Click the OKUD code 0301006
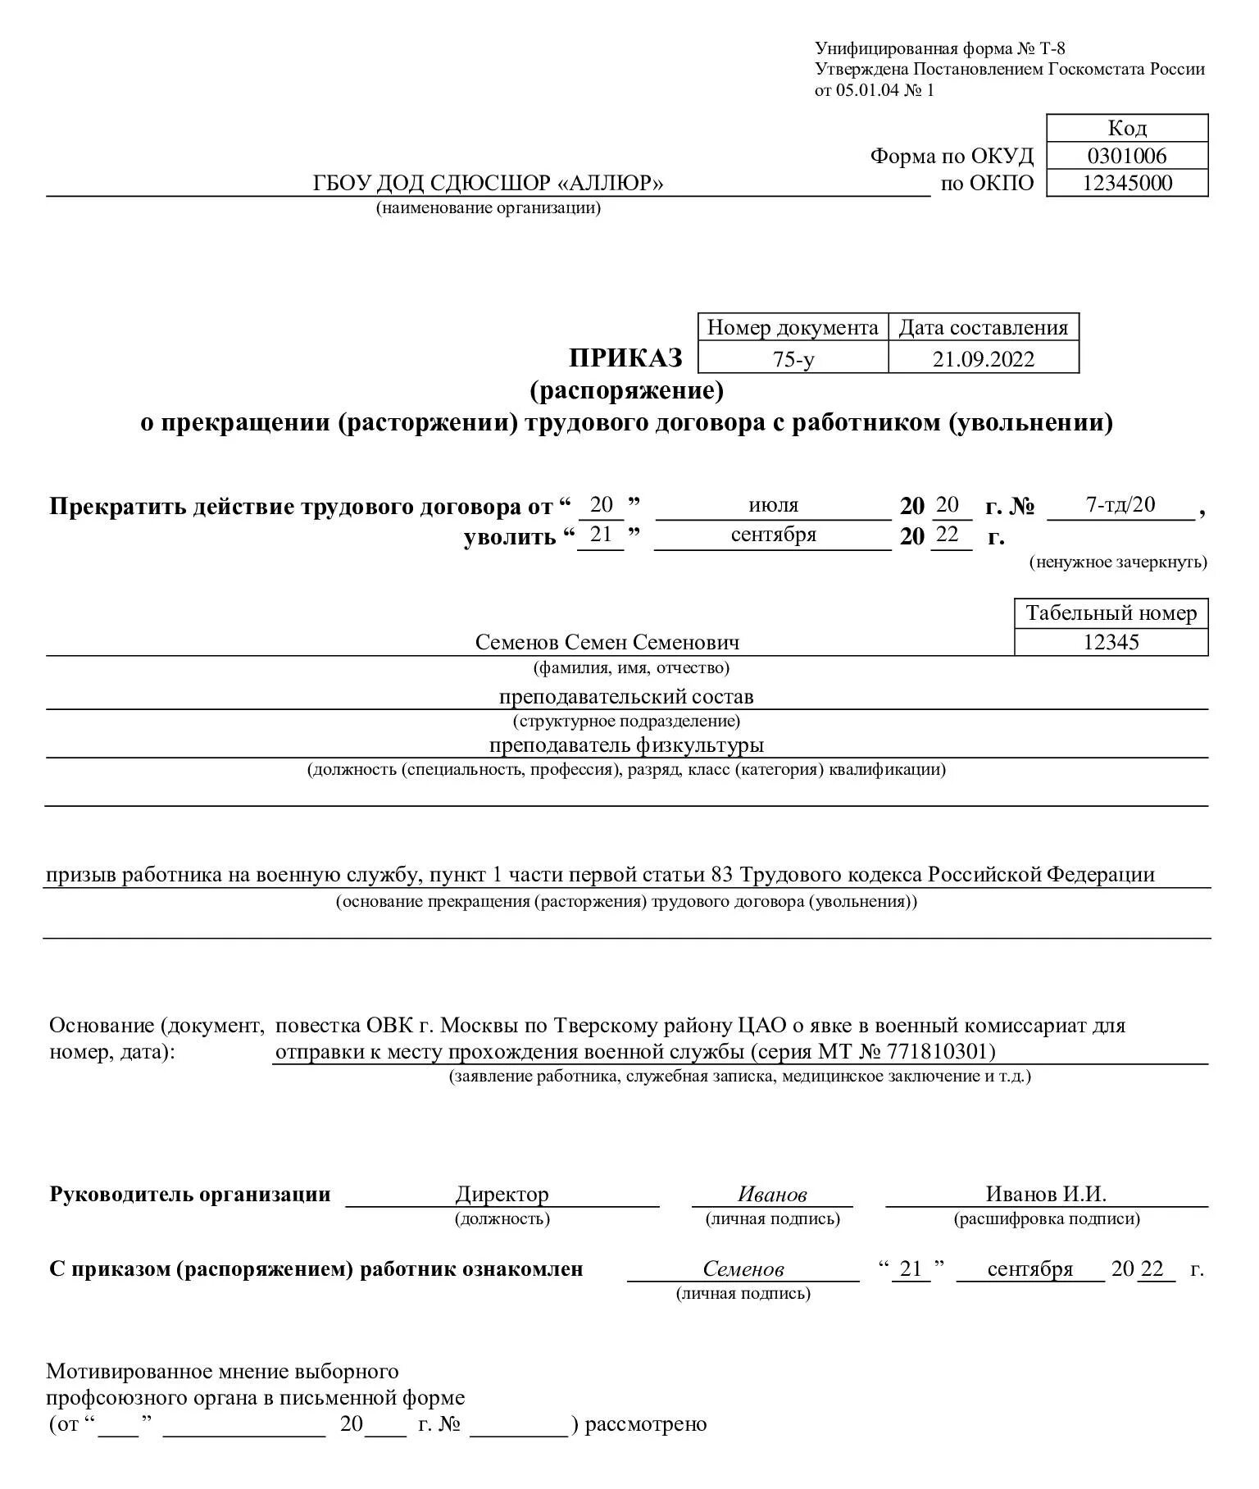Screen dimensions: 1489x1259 click(x=1126, y=156)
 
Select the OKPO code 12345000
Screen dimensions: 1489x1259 click(x=1127, y=183)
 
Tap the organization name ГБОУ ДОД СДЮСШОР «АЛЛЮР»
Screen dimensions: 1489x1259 click(x=488, y=184)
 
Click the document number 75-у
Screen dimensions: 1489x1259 click(x=793, y=359)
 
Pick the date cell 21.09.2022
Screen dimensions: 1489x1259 click(x=983, y=359)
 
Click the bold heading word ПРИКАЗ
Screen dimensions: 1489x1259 click(x=626, y=358)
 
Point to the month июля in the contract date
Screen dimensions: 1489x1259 click(x=773, y=505)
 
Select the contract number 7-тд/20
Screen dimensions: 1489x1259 click(x=1120, y=504)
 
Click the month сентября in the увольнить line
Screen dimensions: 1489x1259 click(x=773, y=535)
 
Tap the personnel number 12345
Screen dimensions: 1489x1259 click(x=1111, y=642)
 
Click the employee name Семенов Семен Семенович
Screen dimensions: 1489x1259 click(x=607, y=642)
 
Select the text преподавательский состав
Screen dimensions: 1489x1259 click(x=626, y=697)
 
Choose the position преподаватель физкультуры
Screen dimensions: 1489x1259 click(x=626, y=745)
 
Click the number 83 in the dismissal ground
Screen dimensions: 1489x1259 click(x=721, y=875)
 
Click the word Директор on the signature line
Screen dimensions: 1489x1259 click(x=502, y=1195)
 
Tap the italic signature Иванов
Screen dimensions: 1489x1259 click(x=772, y=1195)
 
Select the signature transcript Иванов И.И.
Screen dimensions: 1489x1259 click(x=1046, y=1195)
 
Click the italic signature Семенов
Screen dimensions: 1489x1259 click(x=743, y=1269)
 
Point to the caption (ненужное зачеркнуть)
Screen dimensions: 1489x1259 click(x=1118, y=562)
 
